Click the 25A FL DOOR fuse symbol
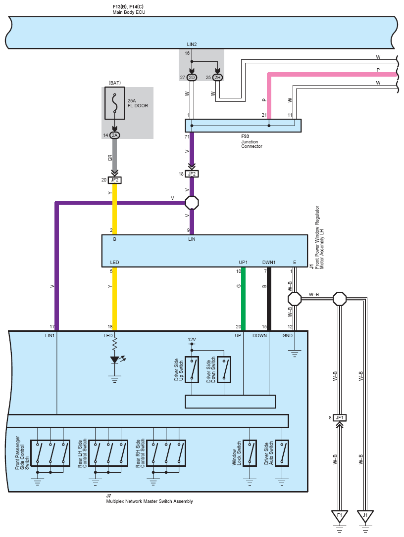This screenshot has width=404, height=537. pos(114,103)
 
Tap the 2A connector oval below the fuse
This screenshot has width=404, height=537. pos(114,135)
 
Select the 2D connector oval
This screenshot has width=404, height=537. pos(192,78)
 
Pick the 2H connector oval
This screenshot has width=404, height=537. pos(217,78)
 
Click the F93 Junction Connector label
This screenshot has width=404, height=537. pos(252,141)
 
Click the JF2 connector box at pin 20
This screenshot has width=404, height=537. pos(114,180)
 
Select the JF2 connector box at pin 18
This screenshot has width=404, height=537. pos(192,174)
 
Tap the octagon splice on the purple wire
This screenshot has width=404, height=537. pos(192,203)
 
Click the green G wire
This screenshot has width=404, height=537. pos(243,299)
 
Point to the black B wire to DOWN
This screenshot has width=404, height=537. pos(269,299)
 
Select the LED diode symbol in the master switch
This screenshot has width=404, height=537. pos(115,360)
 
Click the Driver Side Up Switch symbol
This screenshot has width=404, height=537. pos(192,369)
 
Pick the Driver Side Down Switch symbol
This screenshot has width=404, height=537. pos(224,369)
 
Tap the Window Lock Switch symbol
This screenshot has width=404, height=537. pos(250,453)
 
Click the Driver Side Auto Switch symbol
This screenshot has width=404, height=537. pos(282,453)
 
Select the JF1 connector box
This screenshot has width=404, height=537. pos(340,417)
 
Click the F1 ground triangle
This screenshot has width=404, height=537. pos(340,516)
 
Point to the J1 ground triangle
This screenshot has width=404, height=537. pos(365,516)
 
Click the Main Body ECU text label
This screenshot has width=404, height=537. pos(129,12)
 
